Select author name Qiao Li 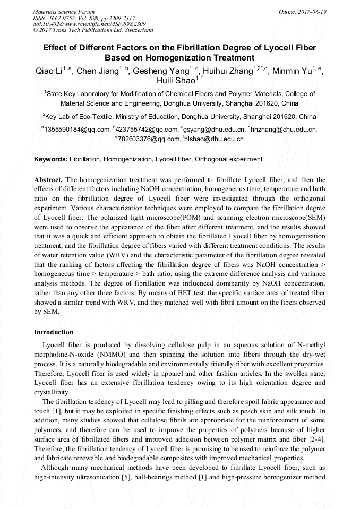[x=47, y=71]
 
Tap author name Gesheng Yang [x=160, y=71]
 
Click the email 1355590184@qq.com [x=77, y=129]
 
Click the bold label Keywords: [x=51, y=159]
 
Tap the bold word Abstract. [x=48, y=180]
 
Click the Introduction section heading [x=54, y=332]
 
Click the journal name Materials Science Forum [x=64, y=12]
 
